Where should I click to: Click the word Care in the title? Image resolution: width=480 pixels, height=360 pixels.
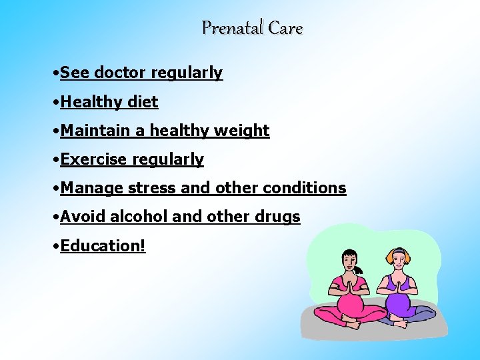286,28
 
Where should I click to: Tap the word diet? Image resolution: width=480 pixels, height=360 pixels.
144,101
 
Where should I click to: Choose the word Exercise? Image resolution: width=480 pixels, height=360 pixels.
94,159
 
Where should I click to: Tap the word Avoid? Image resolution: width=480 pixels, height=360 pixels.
82,217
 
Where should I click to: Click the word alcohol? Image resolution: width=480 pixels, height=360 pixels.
139,217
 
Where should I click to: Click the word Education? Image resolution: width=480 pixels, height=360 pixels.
103,245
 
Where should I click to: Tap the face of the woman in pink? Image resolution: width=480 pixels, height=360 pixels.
351,261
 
